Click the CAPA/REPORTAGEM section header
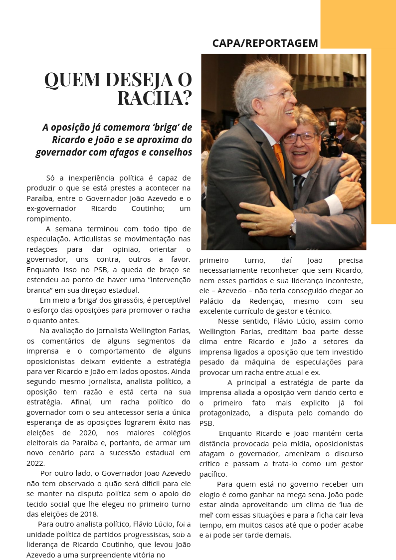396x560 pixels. pyautogui.click(x=265, y=43)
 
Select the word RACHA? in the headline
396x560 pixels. pyautogui.click(x=155, y=98)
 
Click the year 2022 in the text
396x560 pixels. pyautogui.click(x=35, y=463)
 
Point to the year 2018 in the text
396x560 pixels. pyautogui.click(x=86, y=514)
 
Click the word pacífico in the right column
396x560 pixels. pyautogui.click(x=213, y=474)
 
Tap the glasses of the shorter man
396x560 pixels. pyautogui.click(x=300, y=138)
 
